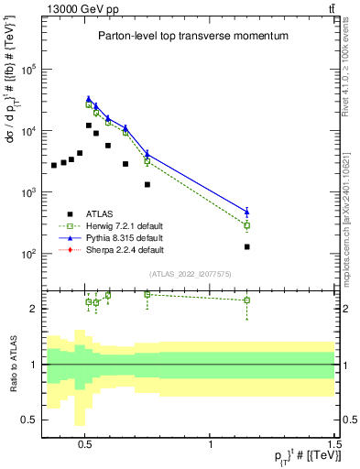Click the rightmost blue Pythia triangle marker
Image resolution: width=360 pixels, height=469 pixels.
[246, 212]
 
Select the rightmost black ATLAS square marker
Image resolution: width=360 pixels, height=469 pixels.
[246, 246]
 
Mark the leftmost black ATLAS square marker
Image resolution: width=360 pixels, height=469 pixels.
[54, 165]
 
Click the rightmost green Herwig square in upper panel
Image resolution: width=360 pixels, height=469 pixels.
[246, 225]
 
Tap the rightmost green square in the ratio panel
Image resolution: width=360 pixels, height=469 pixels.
[246, 300]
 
